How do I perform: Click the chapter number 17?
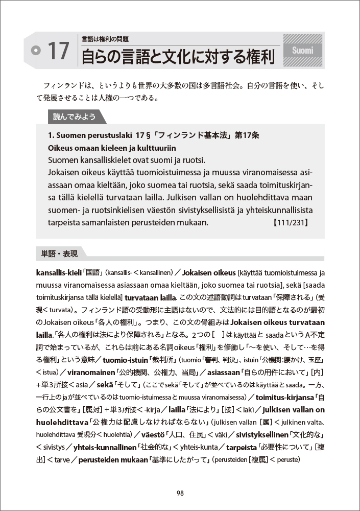coord(58,51)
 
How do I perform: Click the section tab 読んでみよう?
coord(75,117)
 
